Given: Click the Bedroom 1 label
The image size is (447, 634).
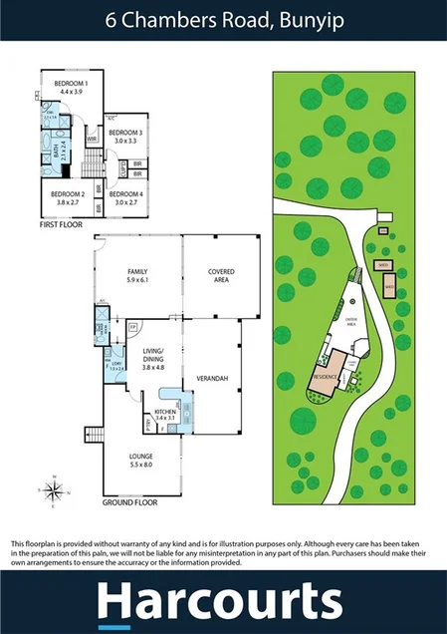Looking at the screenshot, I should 71,84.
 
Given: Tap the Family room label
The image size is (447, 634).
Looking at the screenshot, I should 137,271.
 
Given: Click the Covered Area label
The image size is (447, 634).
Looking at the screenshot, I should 220,272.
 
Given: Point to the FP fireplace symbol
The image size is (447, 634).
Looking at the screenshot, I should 132,326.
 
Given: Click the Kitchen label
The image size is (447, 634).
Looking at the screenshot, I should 165,411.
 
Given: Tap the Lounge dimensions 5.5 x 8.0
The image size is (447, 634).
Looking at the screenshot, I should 139,465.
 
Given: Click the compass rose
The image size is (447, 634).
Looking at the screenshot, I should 56,489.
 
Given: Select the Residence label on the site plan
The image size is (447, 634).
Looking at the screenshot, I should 326,378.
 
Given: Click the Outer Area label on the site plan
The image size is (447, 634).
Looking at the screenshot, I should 350,322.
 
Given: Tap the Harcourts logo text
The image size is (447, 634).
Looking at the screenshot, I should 224,602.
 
